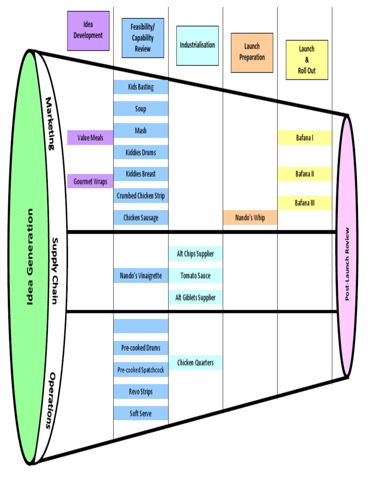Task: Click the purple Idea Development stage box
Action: tap(88, 31)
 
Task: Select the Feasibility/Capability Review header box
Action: tap(143, 38)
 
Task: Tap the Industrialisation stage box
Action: tap(197, 45)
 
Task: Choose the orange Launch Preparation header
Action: tap(251, 52)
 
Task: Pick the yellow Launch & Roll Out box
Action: tap(306, 60)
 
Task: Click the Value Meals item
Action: tap(90, 138)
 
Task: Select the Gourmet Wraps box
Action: tap(90, 182)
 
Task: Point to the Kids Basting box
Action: tap(141, 87)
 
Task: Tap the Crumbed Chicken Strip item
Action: tap(141, 196)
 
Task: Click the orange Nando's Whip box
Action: tap(250, 218)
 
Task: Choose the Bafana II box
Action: tap(304, 174)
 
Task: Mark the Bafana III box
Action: tap(304, 203)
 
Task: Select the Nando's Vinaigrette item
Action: tap(141, 276)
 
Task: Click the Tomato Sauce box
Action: tap(195, 276)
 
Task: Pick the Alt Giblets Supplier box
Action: tap(195, 298)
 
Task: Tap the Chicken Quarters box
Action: tap(195, 363)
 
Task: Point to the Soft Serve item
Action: tap(141, 413)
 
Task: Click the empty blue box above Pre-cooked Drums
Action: tap(141, 326)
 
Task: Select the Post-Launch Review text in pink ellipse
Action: tap(347, 264)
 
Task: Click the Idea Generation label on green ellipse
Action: tap(30, 257)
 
